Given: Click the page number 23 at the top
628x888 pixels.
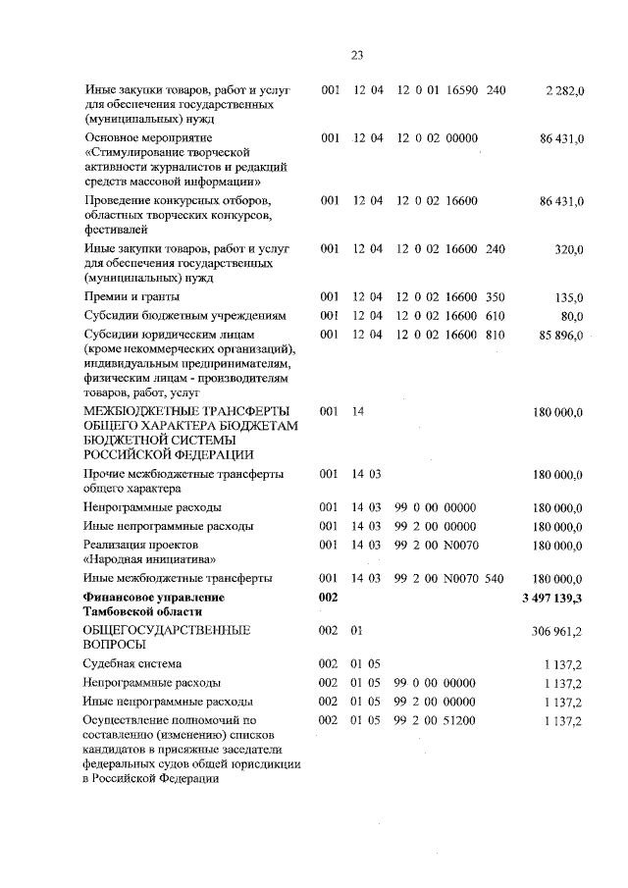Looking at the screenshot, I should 356,54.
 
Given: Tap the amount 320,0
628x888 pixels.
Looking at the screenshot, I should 568,250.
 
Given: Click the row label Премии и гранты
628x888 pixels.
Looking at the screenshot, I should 132,297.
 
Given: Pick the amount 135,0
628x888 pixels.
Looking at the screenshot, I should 568,297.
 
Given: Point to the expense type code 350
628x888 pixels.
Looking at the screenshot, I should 495,297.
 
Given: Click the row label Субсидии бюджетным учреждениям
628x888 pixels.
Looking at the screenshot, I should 184,316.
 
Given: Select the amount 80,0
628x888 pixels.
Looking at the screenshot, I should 571,316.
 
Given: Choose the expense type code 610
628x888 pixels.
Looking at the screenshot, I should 495,316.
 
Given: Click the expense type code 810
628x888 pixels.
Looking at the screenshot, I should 495,336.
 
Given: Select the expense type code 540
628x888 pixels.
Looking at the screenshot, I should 495,579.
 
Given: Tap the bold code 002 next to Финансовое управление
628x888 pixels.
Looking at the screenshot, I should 330,598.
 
